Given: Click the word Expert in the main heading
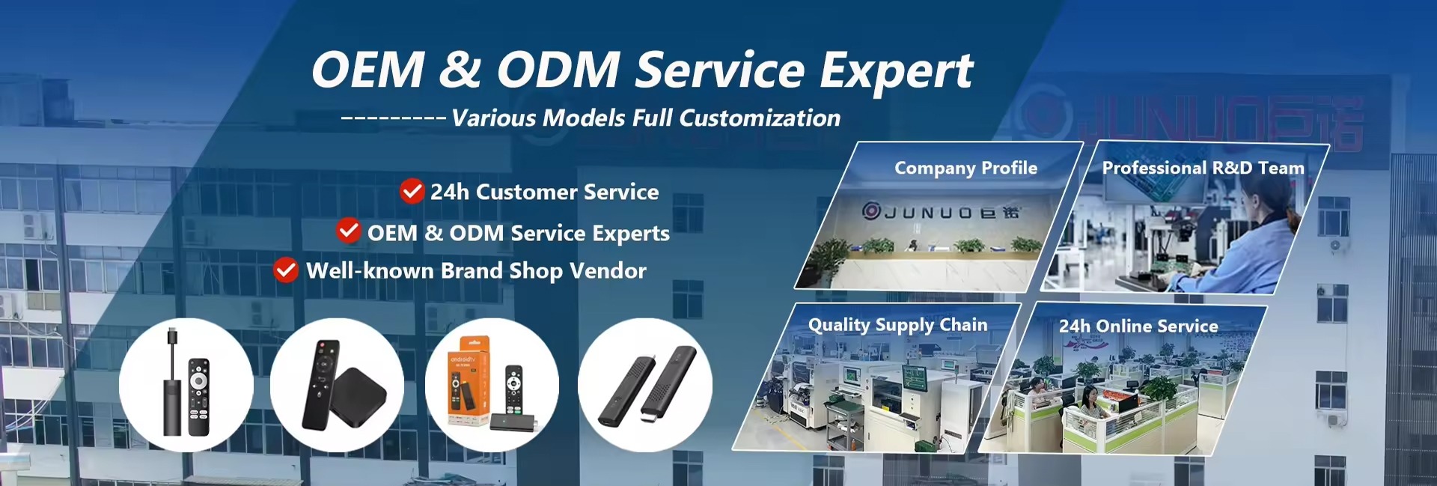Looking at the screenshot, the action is point(897,71).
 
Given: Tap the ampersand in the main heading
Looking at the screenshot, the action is point(460,69).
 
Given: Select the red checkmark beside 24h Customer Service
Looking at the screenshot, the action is point(412,192).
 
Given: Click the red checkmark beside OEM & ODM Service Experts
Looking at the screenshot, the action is point(349,231).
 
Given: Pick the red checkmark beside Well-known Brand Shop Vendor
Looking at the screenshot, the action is point(286,270).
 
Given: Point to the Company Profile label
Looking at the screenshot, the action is point(965,168).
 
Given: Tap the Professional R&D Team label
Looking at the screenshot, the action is point(1203,168).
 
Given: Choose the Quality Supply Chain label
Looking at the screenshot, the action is point(897,325).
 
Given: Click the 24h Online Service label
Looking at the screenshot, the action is point(1138,326).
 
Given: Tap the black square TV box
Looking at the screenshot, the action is point(358,398).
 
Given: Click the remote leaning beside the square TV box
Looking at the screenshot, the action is point(320,384).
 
